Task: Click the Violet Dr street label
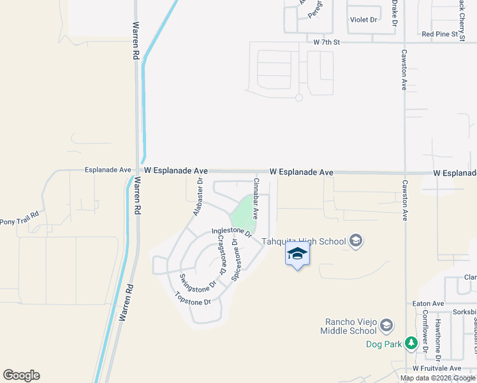click(x=363, y=20)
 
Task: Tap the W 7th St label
click(x=328, y=41)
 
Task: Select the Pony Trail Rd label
click(x=19, y=222)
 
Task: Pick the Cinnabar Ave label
click(x=256, y=199)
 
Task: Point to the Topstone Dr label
click(x=193, y=298)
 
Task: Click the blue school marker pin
click(x=297, y=254)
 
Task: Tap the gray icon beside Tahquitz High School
click(x=356, y=241)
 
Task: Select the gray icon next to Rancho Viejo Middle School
click(x=386, y=326)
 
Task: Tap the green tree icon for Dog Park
click(x=412, y=343)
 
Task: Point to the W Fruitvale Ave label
click(x=436, y=368)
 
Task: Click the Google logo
click(x=21, y=375)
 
